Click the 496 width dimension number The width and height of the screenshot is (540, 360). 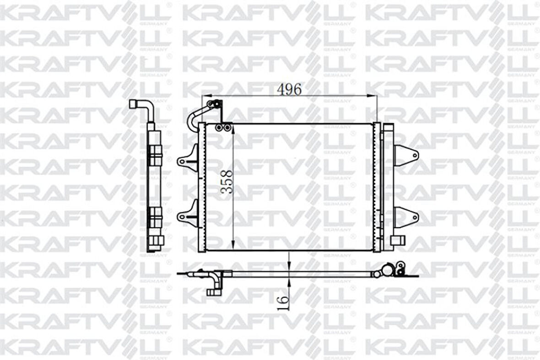click(x=289, y=90)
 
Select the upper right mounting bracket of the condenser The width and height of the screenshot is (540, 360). click(x=406, y=153)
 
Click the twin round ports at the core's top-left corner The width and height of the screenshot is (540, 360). click(x=223, y=127)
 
